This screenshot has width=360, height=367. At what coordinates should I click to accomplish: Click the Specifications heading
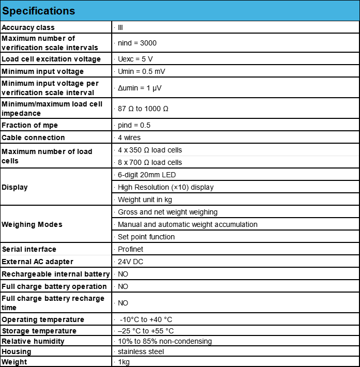[39, 11]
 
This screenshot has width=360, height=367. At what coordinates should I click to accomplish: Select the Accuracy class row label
[28, 27]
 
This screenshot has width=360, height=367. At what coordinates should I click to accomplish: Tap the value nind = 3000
[137, 43]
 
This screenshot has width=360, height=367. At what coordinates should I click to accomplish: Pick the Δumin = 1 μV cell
[140, 88]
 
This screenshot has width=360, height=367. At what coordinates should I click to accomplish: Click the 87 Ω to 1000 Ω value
[143, 109]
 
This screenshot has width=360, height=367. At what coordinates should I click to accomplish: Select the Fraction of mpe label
[30, 125]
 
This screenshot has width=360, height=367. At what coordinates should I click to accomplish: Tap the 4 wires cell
[129, 137]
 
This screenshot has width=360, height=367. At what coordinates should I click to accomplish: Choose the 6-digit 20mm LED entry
[147, 175]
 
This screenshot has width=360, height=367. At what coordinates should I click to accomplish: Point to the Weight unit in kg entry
[145, 200]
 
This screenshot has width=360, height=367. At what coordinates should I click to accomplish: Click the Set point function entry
[146, 237]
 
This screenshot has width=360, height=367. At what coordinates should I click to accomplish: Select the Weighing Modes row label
[32, 224]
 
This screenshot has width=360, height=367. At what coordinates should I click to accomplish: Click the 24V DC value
[130, 262]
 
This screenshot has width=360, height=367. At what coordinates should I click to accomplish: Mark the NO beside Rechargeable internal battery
[123, 274]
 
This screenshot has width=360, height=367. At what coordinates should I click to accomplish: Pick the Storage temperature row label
[39, 331]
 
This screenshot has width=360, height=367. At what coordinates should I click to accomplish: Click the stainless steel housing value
[141, 351]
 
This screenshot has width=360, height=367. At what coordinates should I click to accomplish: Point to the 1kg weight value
[124, 362]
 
